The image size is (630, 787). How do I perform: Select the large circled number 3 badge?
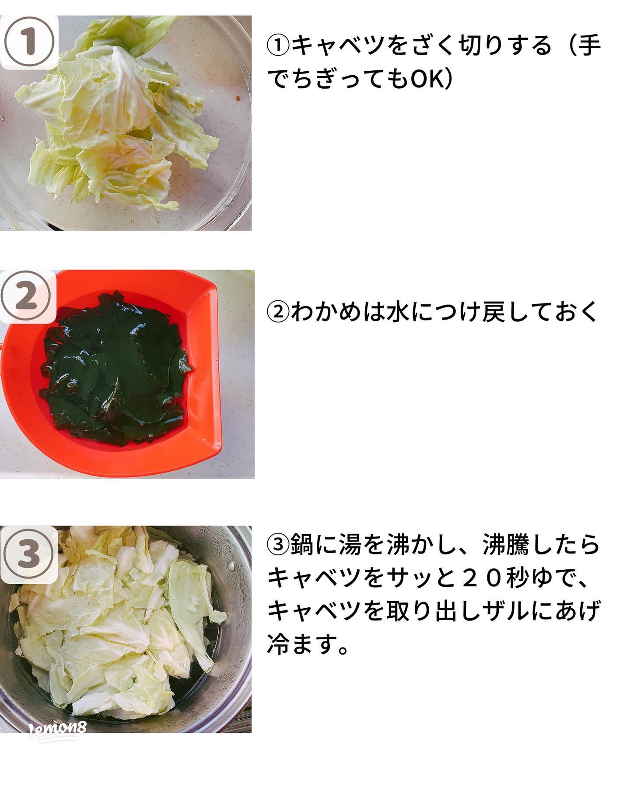click(x=29, y=554)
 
